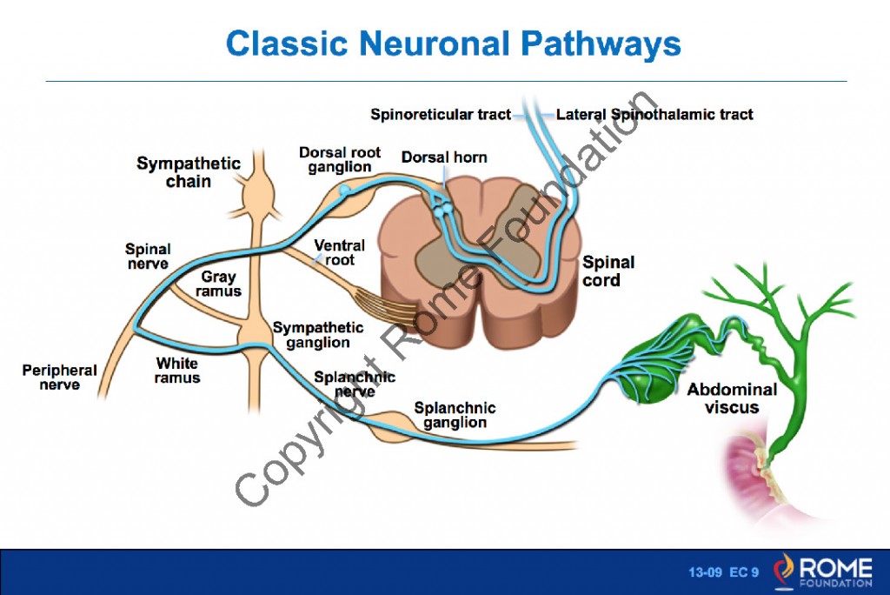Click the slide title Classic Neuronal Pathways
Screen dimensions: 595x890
click(x=453, y=43)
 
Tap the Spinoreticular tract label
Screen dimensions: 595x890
click(x=441, y=114)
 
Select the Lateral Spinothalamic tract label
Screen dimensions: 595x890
click(x=654, y=114)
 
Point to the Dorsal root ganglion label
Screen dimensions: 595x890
click(x=340, y=160)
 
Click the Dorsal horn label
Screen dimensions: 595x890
click(x=444, y=157)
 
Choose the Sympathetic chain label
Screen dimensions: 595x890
click(x=188, y=172)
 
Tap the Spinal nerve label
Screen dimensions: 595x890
click(x=147, y=257)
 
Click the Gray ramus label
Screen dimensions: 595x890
click(x=218, y=284)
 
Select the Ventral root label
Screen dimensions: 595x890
click(x=339, y=252)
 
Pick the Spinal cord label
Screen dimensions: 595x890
click(x=608, y=271)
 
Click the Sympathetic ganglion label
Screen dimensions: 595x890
click(x=318, y=335)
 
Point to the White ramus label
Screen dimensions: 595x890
click(x=177, y=371)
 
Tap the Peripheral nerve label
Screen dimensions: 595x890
click(x=59, y=377)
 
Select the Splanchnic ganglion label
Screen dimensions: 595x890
click(x=455, y=415)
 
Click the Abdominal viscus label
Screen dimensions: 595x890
click(x=732, y=398)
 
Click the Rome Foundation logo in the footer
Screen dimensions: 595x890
click(x=825, y=569)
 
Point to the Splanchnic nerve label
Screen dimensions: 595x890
click(x=355, y=384)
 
